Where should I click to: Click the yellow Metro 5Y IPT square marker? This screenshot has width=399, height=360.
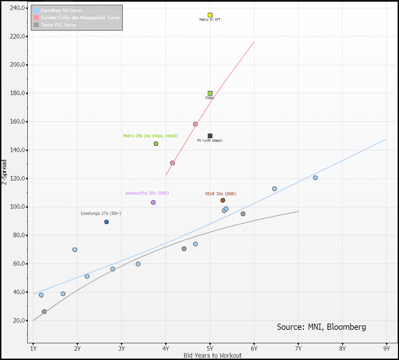pyautogui.click(x=210, y=15)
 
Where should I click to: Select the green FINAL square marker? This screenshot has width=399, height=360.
pyautogui.click(x=210, y=93)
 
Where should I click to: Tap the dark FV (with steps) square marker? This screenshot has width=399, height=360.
pyautogui.click(x=210, y=136)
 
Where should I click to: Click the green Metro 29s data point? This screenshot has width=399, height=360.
pyautogui.click(x=156, y=144)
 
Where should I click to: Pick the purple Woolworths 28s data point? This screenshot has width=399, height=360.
pyautogui.click(x=153, y=202)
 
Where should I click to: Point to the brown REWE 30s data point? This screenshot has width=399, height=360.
pyautogui.click(x=223, y=200)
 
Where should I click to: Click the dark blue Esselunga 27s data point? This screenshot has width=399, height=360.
pyautogui.click(x=107, y=222)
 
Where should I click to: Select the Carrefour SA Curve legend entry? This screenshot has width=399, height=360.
pyautogui.click(x=61, y=11)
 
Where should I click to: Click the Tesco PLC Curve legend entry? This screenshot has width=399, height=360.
pyautogui.click(x=58, y=25)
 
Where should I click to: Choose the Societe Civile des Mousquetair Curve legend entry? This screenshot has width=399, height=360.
pyautogui.click(x=80, y=18)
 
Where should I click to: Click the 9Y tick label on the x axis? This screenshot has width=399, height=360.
pyautogui.click(x=387, y=348)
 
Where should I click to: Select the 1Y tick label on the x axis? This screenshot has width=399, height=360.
pyautogui.click(x=33, y=348)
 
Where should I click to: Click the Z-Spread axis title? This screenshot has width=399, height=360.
pyautogui.click(x=4, y=172)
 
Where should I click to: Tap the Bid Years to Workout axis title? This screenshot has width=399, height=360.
pyautogui.click(x=213, y=356)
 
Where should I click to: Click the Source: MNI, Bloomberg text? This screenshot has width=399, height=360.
pyautogui.click(x=321, y=327)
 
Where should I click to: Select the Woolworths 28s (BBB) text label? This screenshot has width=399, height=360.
pyautogui.click(x=147, y=193)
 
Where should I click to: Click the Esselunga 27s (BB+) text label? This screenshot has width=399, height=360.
pyautogui.click(x=101, y=213)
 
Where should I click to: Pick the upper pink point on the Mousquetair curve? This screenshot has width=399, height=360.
pyautogui.click(x=195, y=124)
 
